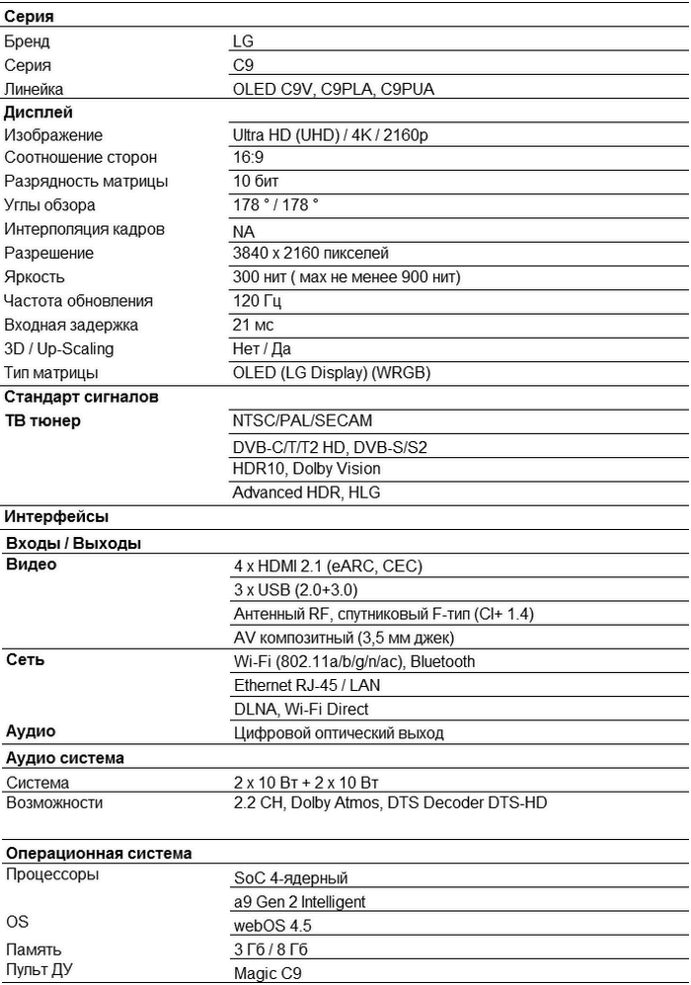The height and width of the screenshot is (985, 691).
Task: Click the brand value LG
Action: (243, 41)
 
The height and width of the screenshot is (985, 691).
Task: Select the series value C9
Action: (243, 65)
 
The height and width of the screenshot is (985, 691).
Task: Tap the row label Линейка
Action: (34, 89)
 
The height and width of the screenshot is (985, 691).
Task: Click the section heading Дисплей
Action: (38, 113)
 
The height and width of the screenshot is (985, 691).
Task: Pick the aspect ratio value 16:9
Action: (248, 158)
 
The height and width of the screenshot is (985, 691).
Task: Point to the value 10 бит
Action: (255, 182)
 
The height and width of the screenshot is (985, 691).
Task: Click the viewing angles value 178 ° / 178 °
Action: (275, 205)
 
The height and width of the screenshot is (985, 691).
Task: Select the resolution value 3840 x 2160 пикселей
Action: (310, 254)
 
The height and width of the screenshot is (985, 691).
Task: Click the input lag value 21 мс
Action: (253, 325)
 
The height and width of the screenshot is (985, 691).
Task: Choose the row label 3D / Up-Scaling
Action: (59, 348)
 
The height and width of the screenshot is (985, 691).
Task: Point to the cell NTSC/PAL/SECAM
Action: (302, 420)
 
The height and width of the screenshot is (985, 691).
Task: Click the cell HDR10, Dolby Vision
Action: (306, 469)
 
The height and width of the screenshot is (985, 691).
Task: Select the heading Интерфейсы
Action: (56, 516)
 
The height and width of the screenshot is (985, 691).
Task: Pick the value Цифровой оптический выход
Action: (339, 733)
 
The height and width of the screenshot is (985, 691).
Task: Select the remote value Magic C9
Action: (268, 972)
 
